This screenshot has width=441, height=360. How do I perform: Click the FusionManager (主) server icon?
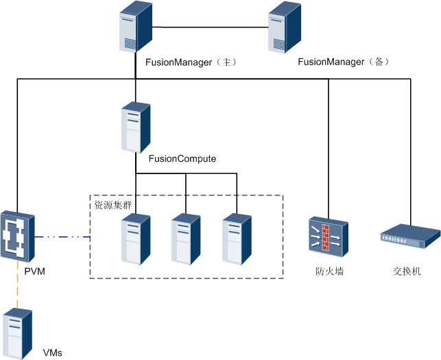[135, 27]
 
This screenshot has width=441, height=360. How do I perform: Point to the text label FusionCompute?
[182, 159]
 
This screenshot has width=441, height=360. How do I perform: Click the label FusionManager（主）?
[191, 62]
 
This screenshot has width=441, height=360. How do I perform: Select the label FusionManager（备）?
[344, 62]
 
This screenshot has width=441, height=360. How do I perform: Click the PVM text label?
[34, 273]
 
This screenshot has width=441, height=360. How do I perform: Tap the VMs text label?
[53, 352]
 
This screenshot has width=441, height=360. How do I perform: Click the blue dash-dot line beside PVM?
[62, 237]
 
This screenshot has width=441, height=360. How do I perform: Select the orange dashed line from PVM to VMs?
[17, 291]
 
